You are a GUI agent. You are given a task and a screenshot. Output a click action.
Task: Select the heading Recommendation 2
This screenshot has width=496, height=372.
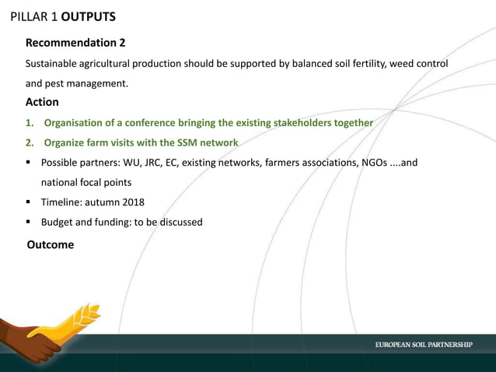75,42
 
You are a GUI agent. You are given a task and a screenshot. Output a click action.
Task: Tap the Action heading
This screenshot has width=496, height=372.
42,102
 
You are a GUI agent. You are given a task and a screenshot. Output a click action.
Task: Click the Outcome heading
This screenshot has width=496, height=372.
51,245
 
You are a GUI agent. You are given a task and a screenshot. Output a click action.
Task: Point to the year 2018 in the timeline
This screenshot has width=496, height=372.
131,202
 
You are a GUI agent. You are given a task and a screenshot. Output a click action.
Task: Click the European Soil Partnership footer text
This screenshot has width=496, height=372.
424,345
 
